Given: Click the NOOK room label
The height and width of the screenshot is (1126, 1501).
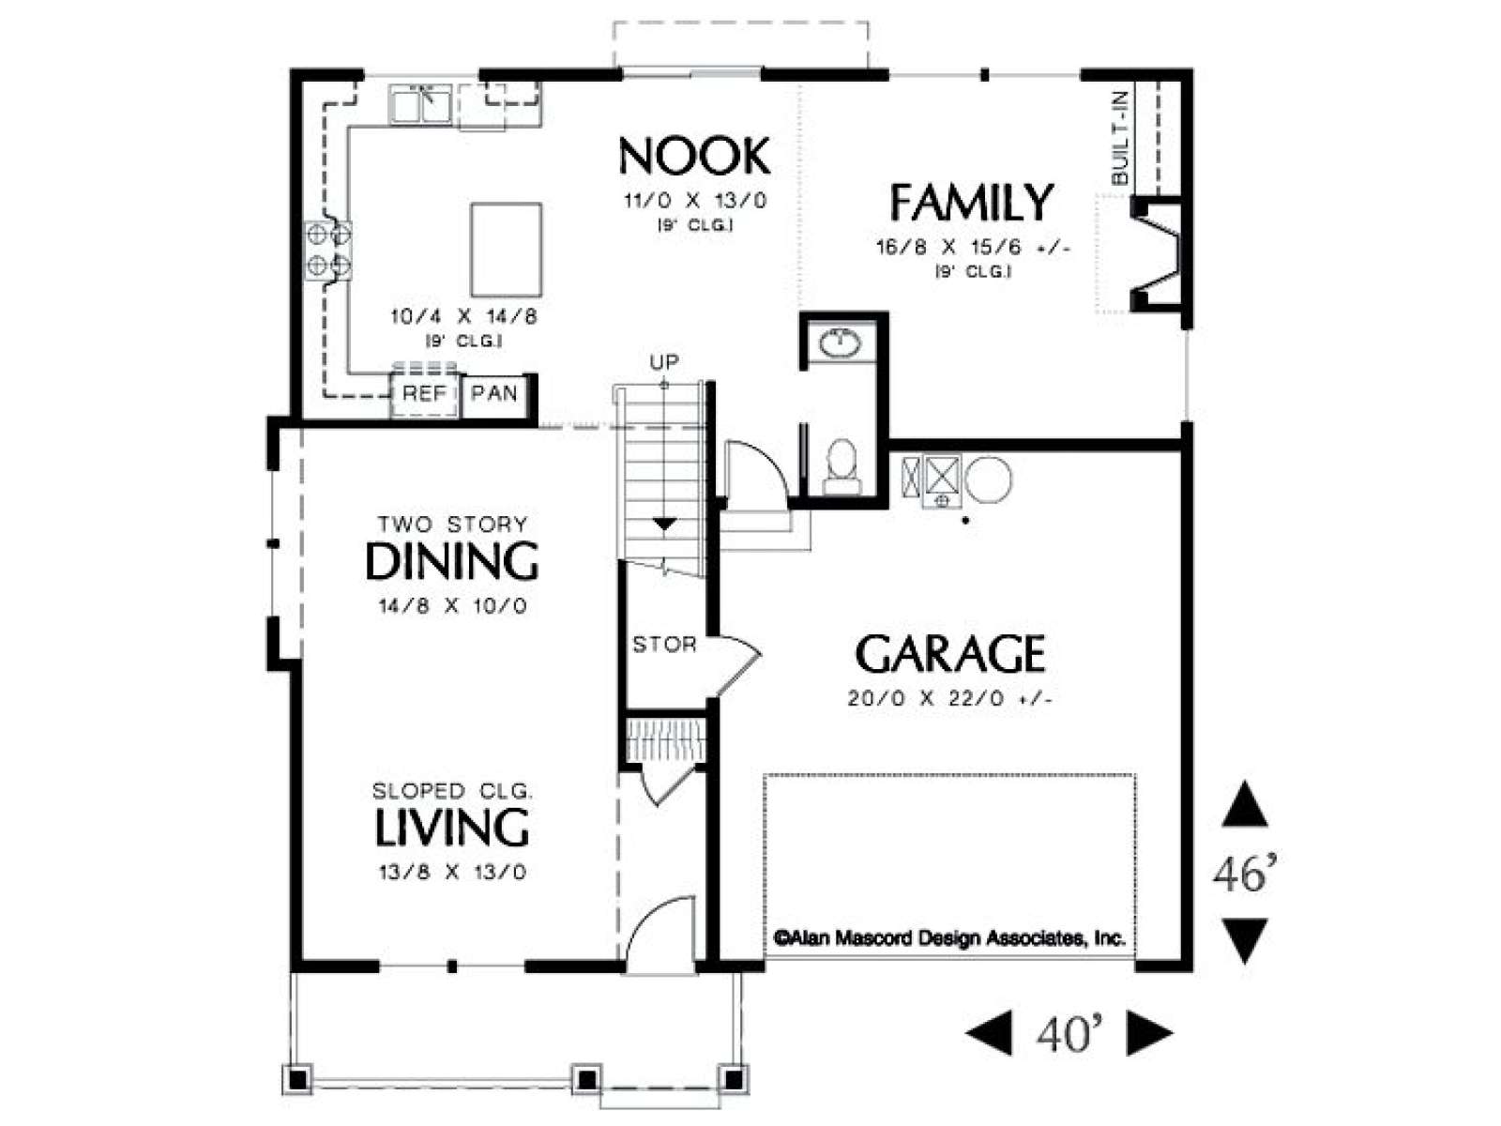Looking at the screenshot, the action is pos(694,157).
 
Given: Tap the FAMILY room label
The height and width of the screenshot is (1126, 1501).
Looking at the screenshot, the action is pos(970,203).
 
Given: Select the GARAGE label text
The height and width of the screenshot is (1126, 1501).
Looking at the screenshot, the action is pos(949,654).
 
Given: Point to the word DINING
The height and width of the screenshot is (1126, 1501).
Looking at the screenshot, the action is pos(452,561).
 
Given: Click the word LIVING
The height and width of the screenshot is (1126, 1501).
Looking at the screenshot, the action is pos(452,828).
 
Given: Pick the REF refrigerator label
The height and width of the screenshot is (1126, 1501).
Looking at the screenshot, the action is pos(424,393).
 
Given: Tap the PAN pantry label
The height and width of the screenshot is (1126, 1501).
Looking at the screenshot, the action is pos(493,393).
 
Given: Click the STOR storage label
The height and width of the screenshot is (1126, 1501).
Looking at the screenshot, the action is pos(664,644).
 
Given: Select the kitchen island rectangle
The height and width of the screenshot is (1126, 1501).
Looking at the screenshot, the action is pos(506,249).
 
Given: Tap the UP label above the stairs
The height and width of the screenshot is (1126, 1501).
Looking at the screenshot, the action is pos(664,362).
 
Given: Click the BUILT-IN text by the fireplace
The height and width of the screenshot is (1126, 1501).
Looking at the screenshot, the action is pos(1120,139).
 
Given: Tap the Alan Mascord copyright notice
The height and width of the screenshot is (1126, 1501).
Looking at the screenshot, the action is pos(949,938).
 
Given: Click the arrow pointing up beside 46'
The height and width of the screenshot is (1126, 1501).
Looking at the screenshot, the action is pos(1245,805).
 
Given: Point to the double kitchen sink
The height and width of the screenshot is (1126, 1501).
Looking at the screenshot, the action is pos(420,104).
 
